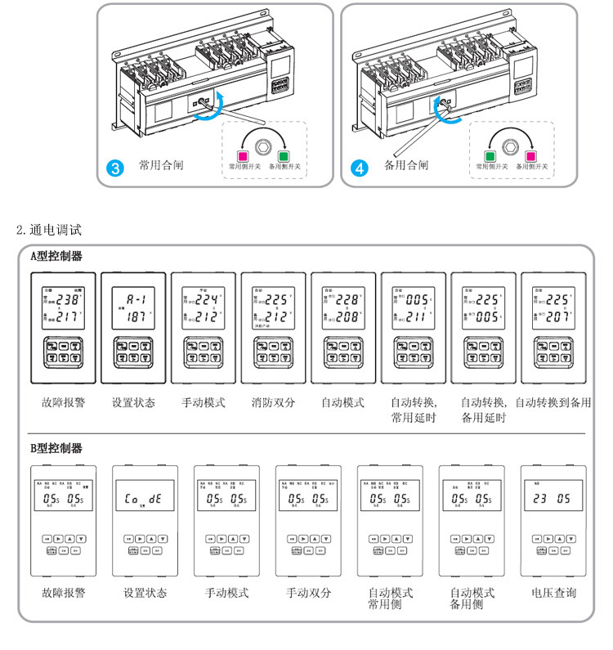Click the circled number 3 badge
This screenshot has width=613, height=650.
tap(115, 169)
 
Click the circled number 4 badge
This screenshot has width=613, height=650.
tap(359, 169)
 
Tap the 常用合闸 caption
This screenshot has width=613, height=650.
tap(160, 165)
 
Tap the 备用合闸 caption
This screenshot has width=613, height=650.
tap(405, 165)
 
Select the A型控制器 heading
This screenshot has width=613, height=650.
tap(56, 256)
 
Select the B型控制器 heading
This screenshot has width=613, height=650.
tap(56, 448)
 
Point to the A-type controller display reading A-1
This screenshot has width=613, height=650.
tap(132, 306)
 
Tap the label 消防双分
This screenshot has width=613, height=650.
tap(273, 402)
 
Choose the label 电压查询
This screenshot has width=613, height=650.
tap(553, 593)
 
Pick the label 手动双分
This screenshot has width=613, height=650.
tap(308, 593)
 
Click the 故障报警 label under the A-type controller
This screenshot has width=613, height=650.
tap(63, 402)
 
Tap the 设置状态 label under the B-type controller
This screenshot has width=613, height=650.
tap(145, 593)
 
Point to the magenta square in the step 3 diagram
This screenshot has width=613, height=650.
tap(243, 155)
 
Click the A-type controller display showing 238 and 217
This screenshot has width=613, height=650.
tap(63, 306)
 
